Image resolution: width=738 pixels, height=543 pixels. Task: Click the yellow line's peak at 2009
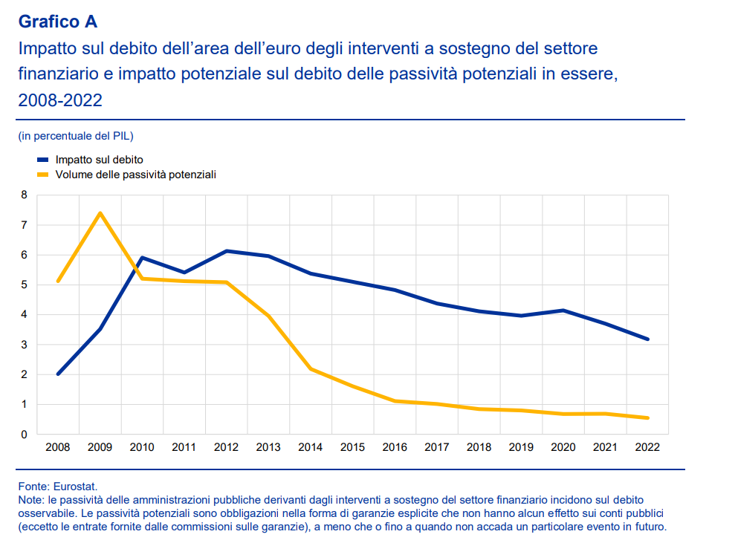click(x=100, y=213)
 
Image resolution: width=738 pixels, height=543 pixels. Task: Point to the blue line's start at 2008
click(x=58, y=374)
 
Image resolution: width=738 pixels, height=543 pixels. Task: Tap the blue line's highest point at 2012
click(x=226, y=251)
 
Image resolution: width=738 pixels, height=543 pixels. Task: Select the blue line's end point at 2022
click(x=647, y=339)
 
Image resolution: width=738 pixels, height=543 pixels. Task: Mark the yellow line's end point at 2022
click(x=647, y=418)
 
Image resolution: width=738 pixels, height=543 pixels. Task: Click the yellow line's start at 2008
click(x=58, y=281)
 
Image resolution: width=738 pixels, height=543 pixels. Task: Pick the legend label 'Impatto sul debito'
click(x=99, y=160)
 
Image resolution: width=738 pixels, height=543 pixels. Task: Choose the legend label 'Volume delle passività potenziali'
click(x=135, y=175)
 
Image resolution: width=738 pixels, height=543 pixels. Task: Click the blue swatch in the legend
click(x=42, y=160)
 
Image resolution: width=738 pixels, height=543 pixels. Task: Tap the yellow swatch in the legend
click(x=42, y=175)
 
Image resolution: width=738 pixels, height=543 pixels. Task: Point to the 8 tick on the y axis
click(x=24, y=195)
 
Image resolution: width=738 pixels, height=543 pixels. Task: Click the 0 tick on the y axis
click(x=24, y=435)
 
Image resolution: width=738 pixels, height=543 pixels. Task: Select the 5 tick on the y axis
click(x=24, y=285)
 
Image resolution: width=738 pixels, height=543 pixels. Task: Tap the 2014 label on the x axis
click(x=310, y=447)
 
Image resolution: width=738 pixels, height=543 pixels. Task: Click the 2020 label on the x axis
click(x=563, y=447)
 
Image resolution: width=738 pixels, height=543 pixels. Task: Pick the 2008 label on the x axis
click(x=58, y=447)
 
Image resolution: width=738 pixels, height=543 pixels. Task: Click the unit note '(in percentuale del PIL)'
click(x=75, y=136)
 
